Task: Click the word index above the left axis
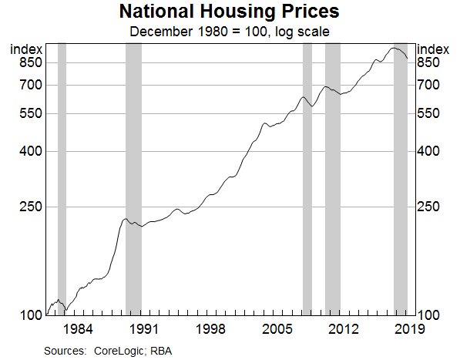click(x=25, y=49)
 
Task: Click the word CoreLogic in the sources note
click(x=119, y=351)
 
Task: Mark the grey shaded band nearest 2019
click(x=400, y=177)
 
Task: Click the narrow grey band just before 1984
click(x=62, y=177)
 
